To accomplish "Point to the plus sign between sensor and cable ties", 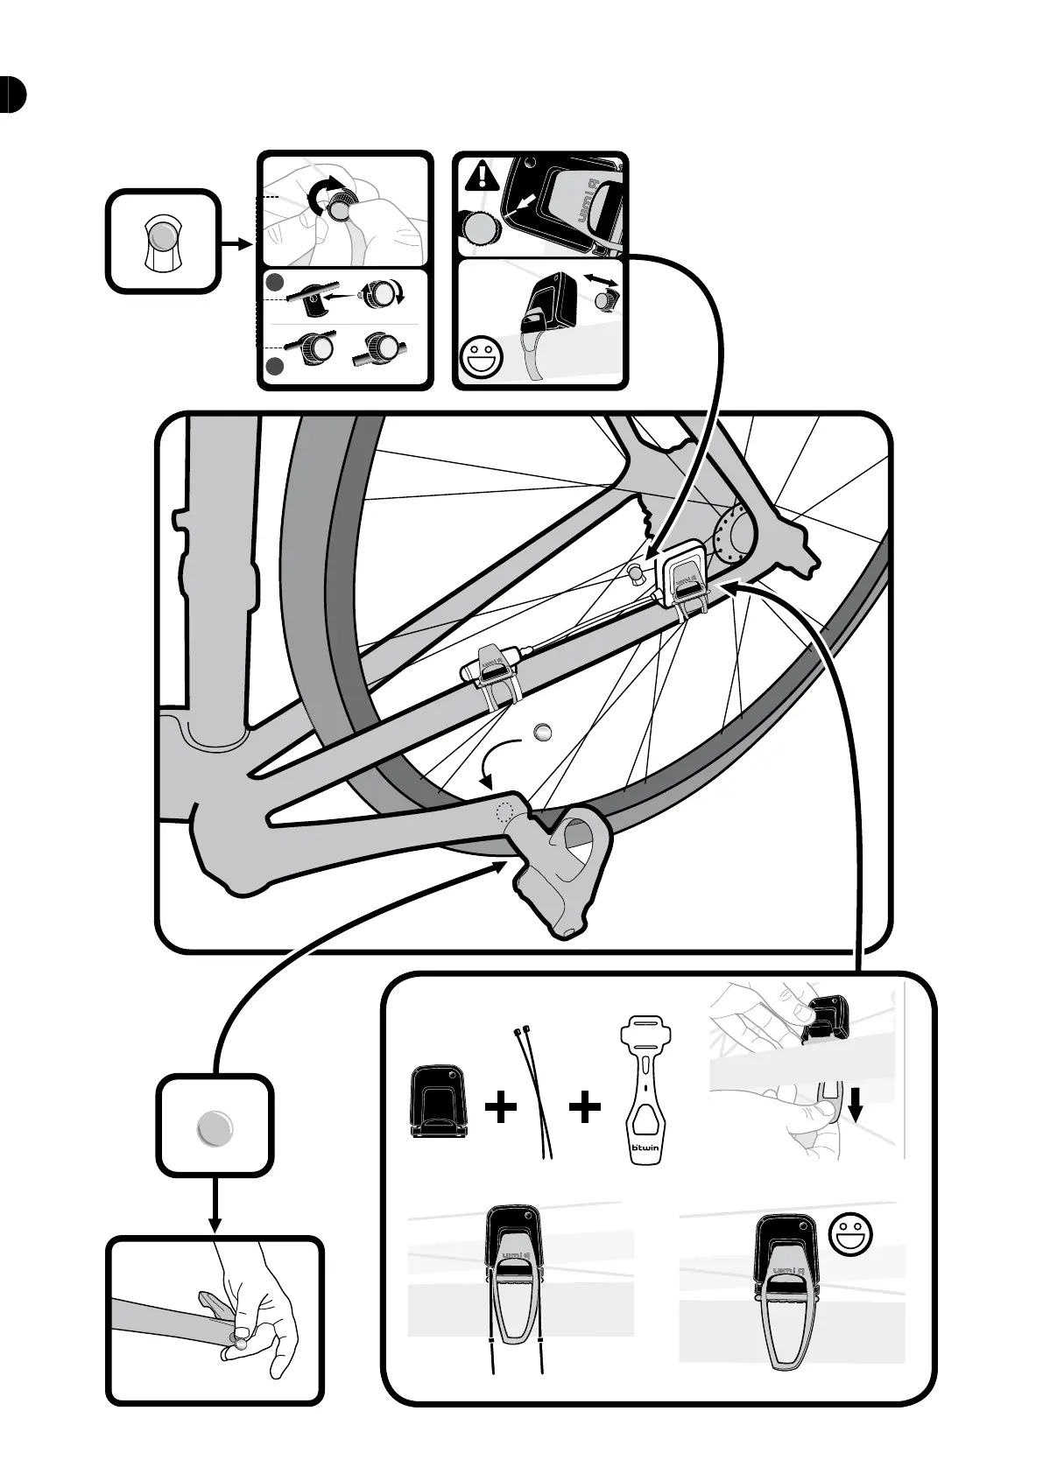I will [501, 1109].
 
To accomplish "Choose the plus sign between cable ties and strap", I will [585, 1109].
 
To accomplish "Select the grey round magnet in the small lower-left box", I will [215, 1127].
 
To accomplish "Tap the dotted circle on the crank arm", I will [504, 811].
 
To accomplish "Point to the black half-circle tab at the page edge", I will [12, 95].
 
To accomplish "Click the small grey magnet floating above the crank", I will [543, 731].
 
